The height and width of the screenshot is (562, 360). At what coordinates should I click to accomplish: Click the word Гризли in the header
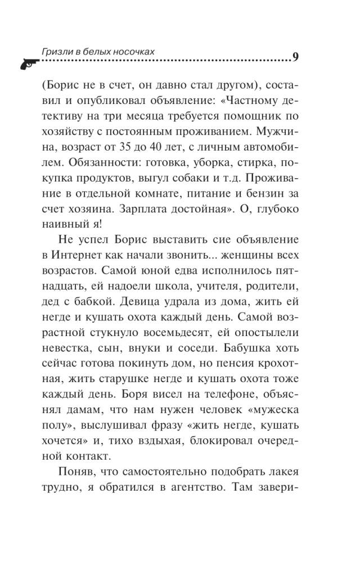tap(55, 51)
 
